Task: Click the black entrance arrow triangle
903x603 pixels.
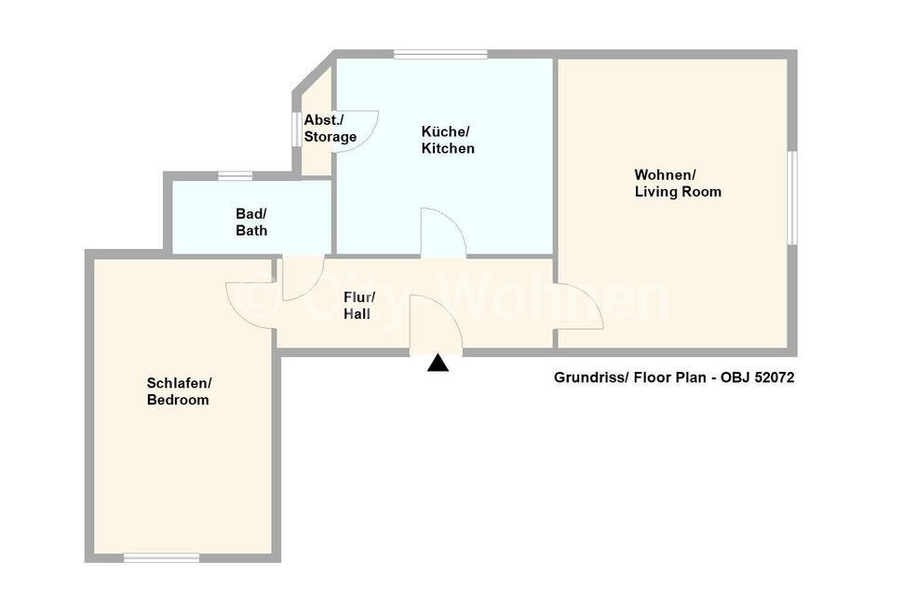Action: coord(438,364)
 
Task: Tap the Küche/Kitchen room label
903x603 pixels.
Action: coord(448,140)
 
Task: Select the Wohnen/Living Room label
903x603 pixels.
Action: coord(677,184)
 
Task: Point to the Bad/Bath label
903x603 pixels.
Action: coord(250,222)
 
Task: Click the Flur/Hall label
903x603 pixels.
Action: coord(357,306)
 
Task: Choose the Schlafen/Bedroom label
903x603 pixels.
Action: coord(179,391)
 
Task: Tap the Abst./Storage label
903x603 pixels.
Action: coord(330,129)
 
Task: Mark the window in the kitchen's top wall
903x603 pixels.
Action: coord(439,54)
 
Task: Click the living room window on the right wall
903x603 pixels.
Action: coord(791,198)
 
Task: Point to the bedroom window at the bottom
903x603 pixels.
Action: coord(162,557)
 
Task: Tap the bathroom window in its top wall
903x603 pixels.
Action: coord(236,175)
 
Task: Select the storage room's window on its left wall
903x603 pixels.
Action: coord(297,129)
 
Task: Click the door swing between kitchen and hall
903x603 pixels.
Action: coord(443,233)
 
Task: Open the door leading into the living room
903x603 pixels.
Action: coord(577,308)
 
